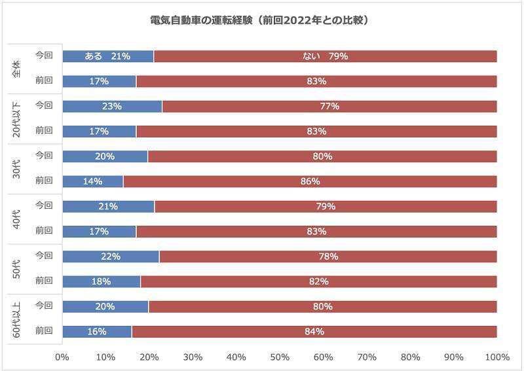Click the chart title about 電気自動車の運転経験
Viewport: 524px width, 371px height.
262,20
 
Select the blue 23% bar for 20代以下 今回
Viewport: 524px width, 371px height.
112,107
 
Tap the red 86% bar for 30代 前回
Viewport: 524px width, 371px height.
310,181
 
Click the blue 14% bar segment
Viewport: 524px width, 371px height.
92,181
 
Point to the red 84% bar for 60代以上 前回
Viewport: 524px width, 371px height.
314,332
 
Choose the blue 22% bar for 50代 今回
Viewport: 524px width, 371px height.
111,256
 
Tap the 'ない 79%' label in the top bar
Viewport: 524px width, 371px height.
326,56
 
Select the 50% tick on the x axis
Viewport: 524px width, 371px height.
280,357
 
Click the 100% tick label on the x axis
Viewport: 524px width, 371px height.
497,357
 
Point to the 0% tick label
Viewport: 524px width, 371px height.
62,357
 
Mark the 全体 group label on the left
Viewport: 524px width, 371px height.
18,69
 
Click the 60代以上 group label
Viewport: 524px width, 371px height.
18,319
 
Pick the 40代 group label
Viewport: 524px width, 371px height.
18,219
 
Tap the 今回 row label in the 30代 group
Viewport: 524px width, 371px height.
44,155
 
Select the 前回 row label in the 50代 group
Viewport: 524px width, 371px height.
44,281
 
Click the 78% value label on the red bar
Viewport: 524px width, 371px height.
328,256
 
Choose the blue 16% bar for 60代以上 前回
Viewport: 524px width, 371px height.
96,332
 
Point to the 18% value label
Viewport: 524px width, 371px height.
102,281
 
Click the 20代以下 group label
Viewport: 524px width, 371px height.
18,118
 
